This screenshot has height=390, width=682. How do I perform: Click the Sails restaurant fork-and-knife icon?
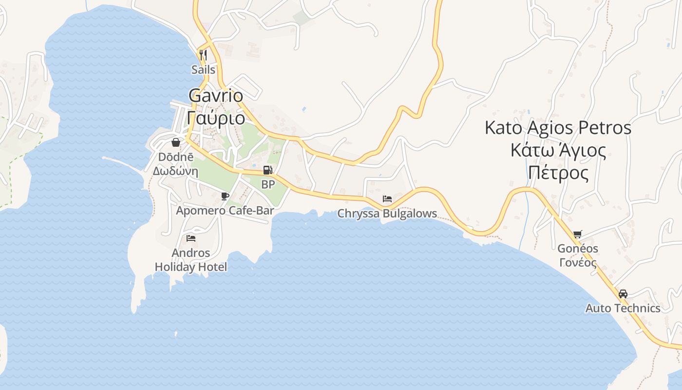coord(203,55)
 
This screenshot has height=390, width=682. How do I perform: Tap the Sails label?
coord(203,70)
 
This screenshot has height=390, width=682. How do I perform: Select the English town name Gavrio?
coord(215,96)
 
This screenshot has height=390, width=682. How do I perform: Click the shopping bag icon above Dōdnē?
coord(175,142)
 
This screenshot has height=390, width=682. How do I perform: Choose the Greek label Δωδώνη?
coord(175,171)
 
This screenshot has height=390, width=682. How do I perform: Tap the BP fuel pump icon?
coord(267,170)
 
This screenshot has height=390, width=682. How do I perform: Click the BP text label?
coord(268,185)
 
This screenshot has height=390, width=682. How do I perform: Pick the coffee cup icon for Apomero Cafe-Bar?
coord(225,196)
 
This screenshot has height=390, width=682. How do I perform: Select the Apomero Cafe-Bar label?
coord(225,211)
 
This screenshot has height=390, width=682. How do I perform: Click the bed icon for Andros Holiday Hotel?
coord(191,238)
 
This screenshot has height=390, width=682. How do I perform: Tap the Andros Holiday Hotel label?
coord(191,260)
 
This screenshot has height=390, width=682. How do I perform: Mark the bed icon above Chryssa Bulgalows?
coord(387,199)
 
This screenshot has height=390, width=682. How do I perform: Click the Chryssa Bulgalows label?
coord(387,214)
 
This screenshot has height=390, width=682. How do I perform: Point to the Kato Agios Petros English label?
coord(558,128)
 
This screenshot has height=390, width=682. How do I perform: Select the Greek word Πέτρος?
coord(558,173)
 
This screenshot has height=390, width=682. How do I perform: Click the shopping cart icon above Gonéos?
coord(578,234)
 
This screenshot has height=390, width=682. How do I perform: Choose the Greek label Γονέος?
coord(578,263)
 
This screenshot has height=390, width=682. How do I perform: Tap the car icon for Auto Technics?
coord(623,294)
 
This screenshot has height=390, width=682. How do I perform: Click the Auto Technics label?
coord(623,308)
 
